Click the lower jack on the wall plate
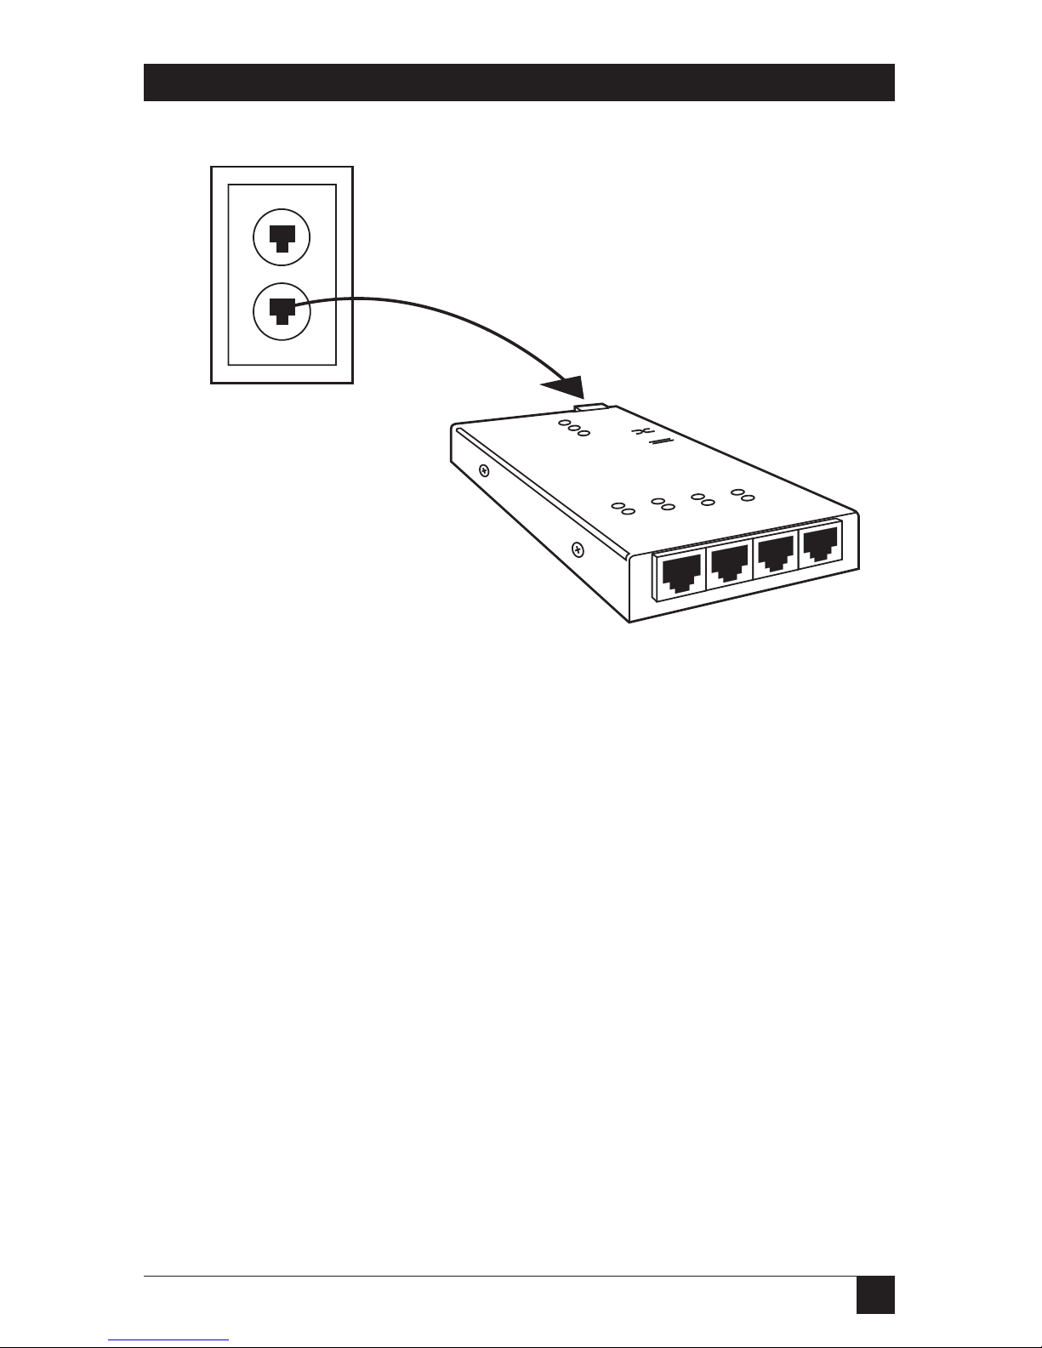click(282, 311)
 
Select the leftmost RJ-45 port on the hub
click(680, 574)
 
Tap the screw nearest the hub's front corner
click(577, 549)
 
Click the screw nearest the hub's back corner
click(483, 469)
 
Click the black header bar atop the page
click(519, 82)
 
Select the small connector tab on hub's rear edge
click(593, 410)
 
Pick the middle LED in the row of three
click(574, 428)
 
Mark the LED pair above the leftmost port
click(623, 509)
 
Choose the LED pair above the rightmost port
click(738, 492)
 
